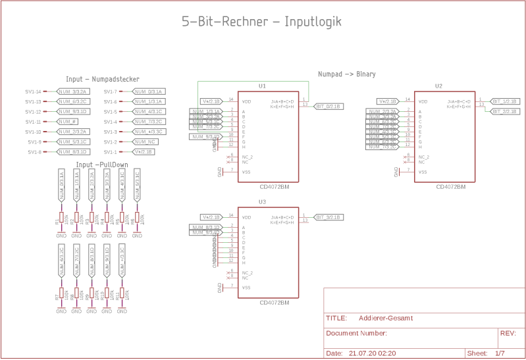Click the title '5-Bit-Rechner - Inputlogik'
tap(261, 22)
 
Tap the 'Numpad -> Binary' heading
tap(346, 74)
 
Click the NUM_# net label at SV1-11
tap(68, 122)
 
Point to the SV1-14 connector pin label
tap(33, 91)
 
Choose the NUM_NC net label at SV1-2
tap(145, 141)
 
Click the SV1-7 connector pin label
tap(110, 91)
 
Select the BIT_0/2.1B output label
tap(329, 106)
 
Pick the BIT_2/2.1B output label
tap(505, 111)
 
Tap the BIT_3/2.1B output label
tap(329, 217)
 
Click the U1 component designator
tap(262, 86)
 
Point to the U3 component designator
tap(262, 201)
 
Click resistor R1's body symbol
tap(61, 217)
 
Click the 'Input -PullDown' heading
tap(102, 165)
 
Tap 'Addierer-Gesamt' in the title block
tap(386, 318)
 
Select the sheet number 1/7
tap(500, 353)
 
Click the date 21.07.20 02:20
tap(373, 353)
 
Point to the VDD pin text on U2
tap(423, 101)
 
